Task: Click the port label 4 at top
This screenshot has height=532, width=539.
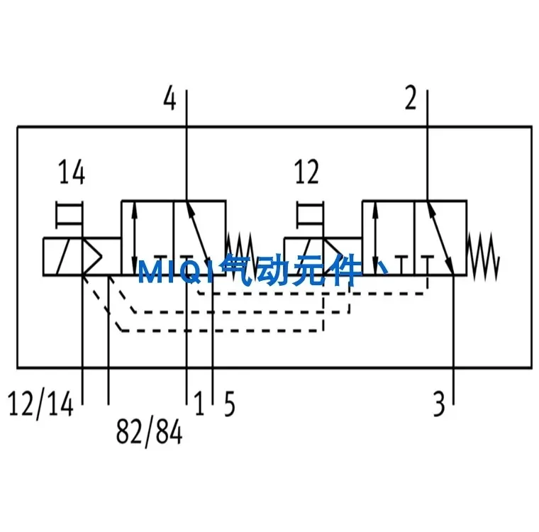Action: point(170,98)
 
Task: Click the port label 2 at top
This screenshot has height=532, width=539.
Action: point(411,98)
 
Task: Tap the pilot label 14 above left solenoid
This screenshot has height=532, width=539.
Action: point(72,172)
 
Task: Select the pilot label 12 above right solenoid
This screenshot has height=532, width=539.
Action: point(307,172)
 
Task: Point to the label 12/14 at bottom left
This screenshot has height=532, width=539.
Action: point(40,404)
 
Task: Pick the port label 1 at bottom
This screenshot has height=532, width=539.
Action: point(199,403)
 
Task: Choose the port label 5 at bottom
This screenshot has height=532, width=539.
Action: point(230,404)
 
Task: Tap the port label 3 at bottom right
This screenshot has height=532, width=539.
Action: point(439,404)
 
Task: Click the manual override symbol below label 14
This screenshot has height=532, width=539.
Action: point(70,215)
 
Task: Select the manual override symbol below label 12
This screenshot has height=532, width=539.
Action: point(310,215)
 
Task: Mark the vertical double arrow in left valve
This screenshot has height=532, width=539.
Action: point(135,238)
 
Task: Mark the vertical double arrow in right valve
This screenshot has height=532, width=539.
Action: point(375,238)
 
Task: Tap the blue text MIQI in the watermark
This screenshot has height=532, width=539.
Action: point(177,272)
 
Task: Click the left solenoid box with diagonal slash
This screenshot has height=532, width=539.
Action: point(63,256)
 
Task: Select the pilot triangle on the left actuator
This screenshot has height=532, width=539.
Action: point(92,256)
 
